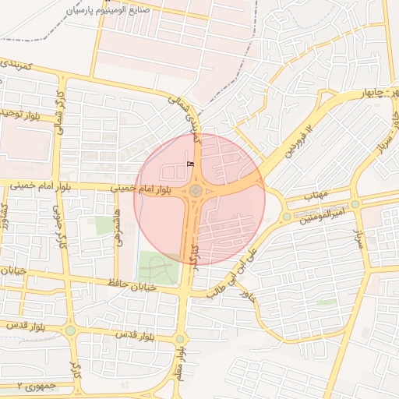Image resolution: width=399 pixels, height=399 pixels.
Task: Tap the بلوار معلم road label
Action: (x=180, y=365)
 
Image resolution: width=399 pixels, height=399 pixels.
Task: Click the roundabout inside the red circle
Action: (x=196, y=190)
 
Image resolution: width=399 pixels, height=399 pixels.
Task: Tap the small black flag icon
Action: (x=191, y=164)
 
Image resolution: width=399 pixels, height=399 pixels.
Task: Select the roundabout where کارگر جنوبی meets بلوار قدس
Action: (x=71, y=330)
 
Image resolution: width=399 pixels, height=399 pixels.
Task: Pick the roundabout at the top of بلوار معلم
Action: (x=181, y=338)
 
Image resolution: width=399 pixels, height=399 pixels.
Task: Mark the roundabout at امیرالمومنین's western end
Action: (x=287, y=216)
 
